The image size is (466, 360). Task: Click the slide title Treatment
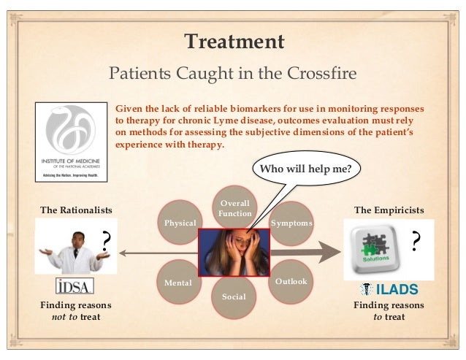coord(233,42)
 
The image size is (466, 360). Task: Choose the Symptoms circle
coord(291,222)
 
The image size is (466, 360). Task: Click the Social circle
coord(234,296)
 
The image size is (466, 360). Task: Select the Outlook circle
coord(291,280)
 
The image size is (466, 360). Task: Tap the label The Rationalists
coord(76,210)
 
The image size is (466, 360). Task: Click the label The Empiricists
coord(389,210)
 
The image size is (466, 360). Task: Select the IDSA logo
coord(75,285)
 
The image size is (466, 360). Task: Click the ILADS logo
coord(388,288)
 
